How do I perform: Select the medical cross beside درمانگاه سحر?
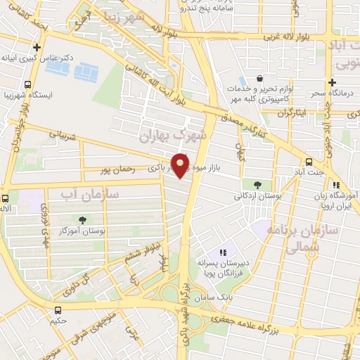tap(331, 82)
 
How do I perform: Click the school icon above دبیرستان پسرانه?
tap(222, 252)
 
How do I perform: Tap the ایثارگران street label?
tap(292, 112)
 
